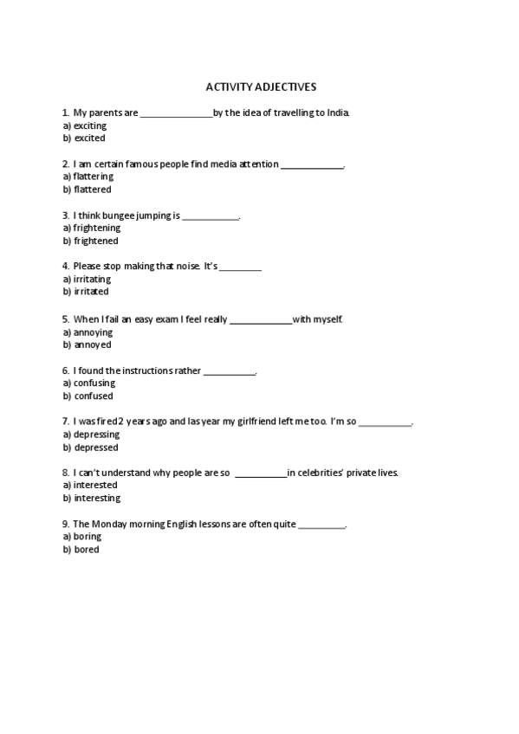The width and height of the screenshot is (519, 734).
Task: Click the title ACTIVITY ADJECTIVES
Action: coord(261,87)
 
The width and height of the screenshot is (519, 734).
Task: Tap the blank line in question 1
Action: coord(176,113)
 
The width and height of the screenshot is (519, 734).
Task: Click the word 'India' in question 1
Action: coord(340,113)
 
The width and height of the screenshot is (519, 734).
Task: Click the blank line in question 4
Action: coord(240,267)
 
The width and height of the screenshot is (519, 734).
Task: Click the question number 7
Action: coord(65,422)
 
